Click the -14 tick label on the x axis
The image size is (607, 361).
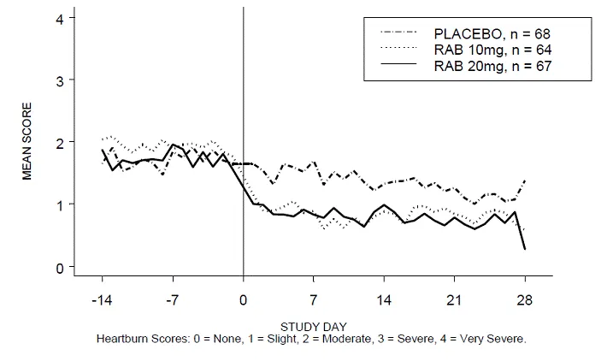pyautogui.click(x=102, y=301)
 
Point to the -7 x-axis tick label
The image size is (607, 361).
pyautogui.click(x=173, y=301)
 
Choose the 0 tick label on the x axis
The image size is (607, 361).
pyautogui.click(x=244, y=301)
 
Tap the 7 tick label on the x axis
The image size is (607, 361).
pyautogui.click(x=314, y=301)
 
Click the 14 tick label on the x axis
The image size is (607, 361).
pyautogui.click(x=384, y=301)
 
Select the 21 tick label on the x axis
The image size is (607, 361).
pyautogui.click(x=454, y=301)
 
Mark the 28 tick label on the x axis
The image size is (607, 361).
pyautogui.click(x=524, y=301)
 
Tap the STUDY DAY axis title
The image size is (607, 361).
pyautogui.click(x=312, y=326)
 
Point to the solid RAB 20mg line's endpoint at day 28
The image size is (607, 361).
pyautogui.click(x=524, y=248)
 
